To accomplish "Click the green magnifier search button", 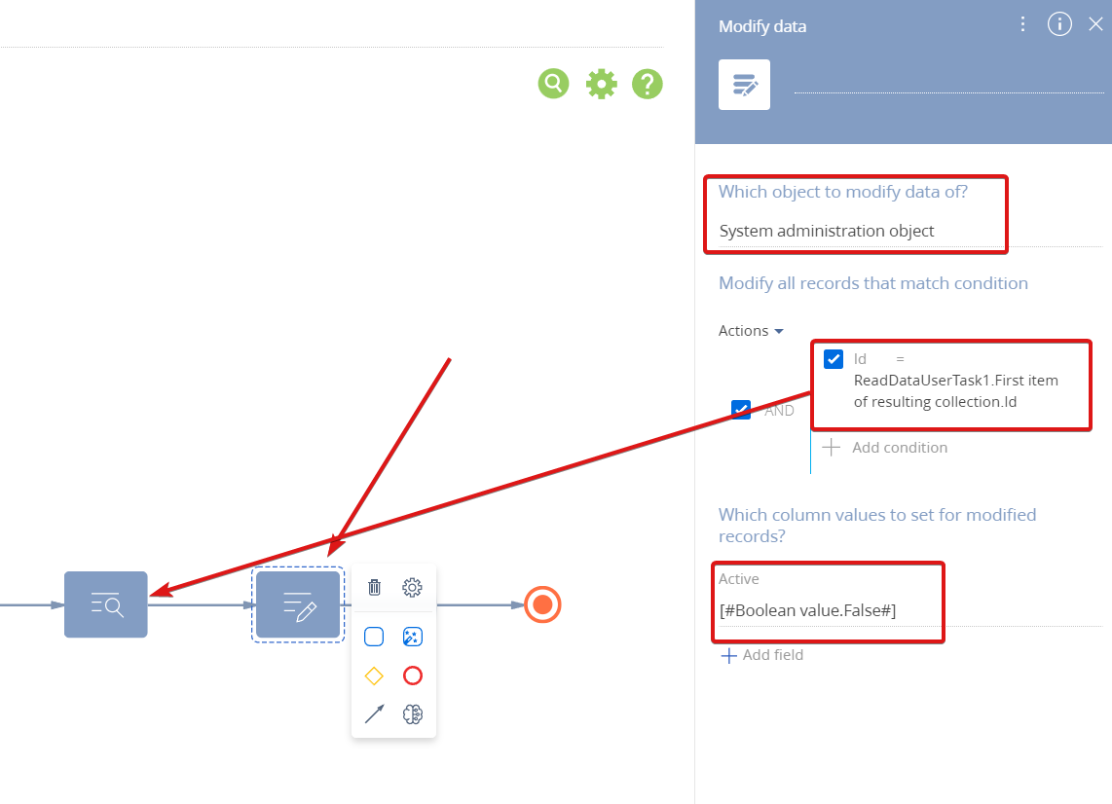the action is (553, 84).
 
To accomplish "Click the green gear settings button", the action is (602, 84).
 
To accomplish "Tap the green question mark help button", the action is (648, 84).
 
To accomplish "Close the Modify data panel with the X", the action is (1095, 24).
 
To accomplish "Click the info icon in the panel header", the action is (1059, 24).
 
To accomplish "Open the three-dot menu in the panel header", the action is (1022, 24).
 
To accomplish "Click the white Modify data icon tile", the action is (744, 85).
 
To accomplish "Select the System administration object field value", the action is (826, 231).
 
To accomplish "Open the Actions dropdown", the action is (751, 331).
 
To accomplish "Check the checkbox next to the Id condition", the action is (834, 359).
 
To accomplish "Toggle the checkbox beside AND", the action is (741, 409).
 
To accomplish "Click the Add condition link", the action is (885, 448).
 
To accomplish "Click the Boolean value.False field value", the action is (808, 610).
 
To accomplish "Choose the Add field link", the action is (762, 655).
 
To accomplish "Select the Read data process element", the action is (106, 604).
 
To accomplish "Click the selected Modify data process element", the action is (298, 604).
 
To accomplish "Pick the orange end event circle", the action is (542, 604).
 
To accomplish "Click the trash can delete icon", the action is (375, 587).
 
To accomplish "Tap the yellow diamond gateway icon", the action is (374, 676).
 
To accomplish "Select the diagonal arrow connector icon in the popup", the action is (375, 713).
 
